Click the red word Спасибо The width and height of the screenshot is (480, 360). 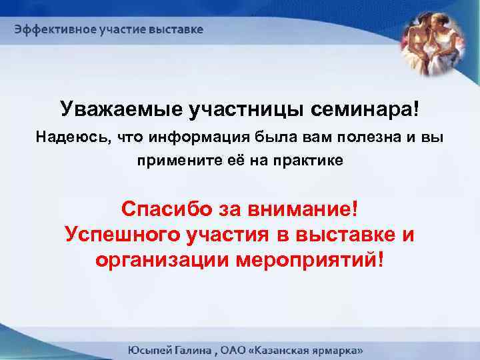pyautogui.click(x=164, y=210)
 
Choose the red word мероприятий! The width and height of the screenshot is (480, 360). pyautogui.click(x=310, y=259)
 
